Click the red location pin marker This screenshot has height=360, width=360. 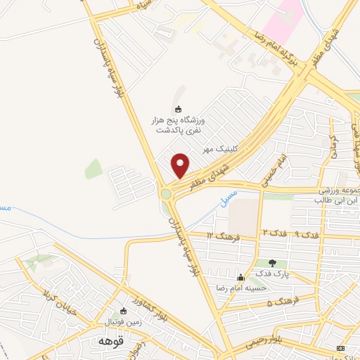coord(181,166)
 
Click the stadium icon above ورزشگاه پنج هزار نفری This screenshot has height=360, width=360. coord(178,108)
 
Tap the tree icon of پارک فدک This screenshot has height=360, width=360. coord(272,263)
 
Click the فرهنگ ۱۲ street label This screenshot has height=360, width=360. coord(224,236)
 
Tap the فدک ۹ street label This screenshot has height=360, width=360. coord(288,232)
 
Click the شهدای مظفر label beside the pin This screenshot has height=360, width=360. coord(213,172)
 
